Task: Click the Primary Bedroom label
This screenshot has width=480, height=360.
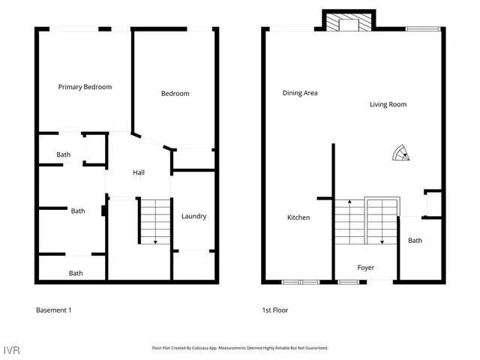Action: pyautogui.click(x=85, y=87)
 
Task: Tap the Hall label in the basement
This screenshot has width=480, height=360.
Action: pyautogui.click(x=139, y=172)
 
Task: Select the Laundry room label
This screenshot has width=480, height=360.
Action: pyautogui.click(x=193, y=217)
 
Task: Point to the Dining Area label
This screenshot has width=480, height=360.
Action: pyautogui.click(x=300, y=93)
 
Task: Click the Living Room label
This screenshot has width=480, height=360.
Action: pyautogui.click(x=388, y=104)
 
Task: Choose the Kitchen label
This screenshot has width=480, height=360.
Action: pyautogui.click(x=298, y=217)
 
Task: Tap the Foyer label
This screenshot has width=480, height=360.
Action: pyautogui.click(x=365, y=268)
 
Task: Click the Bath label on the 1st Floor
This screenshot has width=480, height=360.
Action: pyautogui.click(x=415, y=241)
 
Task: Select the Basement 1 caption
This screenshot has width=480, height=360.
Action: pyautogui.click(x=53, y=310)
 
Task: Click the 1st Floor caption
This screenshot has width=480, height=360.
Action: pyautogui.click(x=275, y=310)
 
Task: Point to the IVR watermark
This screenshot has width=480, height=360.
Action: pyautogui.click(x=11, y=350)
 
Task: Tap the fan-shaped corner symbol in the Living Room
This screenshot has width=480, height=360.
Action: pyautogui.click(x=402, y=154)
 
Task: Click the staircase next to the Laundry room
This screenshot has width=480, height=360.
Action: pyautogui.click(x=154, y=220)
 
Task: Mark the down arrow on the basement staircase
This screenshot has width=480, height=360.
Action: pyautogui.click(x=155, y=240)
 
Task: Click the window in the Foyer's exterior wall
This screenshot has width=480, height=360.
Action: pyautogui.click(x=347, y=283)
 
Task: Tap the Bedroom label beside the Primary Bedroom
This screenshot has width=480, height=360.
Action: pyautogui.click(x=175, y=94)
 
